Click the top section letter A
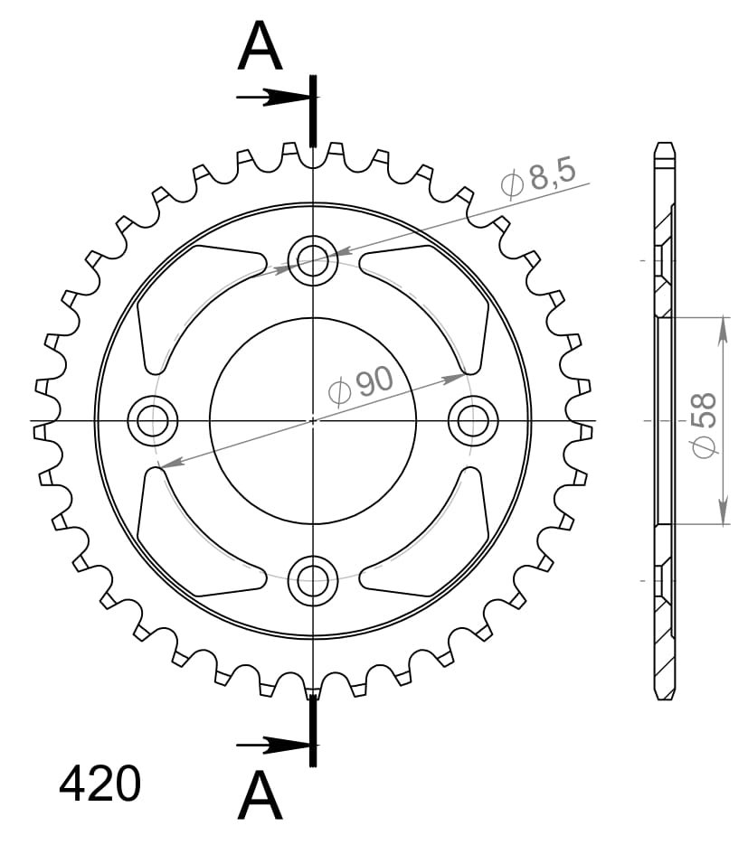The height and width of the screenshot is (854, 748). point(260,48)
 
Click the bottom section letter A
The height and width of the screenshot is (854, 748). point(260,796)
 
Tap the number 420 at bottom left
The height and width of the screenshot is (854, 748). point(99,784)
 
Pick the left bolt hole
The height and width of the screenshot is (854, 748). point(152,420)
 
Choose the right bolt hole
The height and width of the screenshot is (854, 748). point(473,420)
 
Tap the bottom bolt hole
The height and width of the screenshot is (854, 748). point(313,580)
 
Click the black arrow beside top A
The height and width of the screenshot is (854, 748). point(271,97)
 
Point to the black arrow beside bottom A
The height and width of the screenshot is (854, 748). point(271,745)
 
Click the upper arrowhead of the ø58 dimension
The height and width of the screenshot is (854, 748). point(723,331)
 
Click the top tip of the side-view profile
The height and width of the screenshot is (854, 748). point(664,144)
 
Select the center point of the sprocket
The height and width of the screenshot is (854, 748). point(313,420)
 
